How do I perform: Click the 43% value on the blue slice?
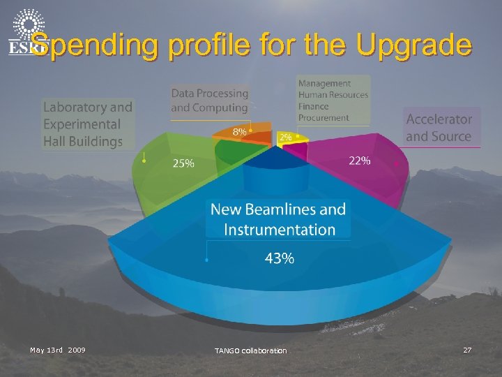[x=279, y=258]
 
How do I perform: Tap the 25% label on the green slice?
[x=184, y=164]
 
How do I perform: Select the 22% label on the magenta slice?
[x=359, y=161]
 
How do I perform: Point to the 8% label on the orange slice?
[x=239, y=131]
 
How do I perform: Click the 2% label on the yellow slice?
[x=285, y=138]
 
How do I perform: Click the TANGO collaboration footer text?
[x=250, y=350]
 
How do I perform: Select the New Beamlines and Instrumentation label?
[x=278, y=219]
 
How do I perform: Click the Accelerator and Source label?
[x=439, y=128]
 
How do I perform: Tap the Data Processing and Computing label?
[x=209, y=101]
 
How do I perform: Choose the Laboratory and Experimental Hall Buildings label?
[x=87, y=124]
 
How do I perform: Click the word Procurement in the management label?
[x=324, y=118]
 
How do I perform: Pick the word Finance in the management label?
[x=313, y=106]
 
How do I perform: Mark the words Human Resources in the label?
[x=333, y=95]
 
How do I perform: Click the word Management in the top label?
[x=325, y=84]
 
